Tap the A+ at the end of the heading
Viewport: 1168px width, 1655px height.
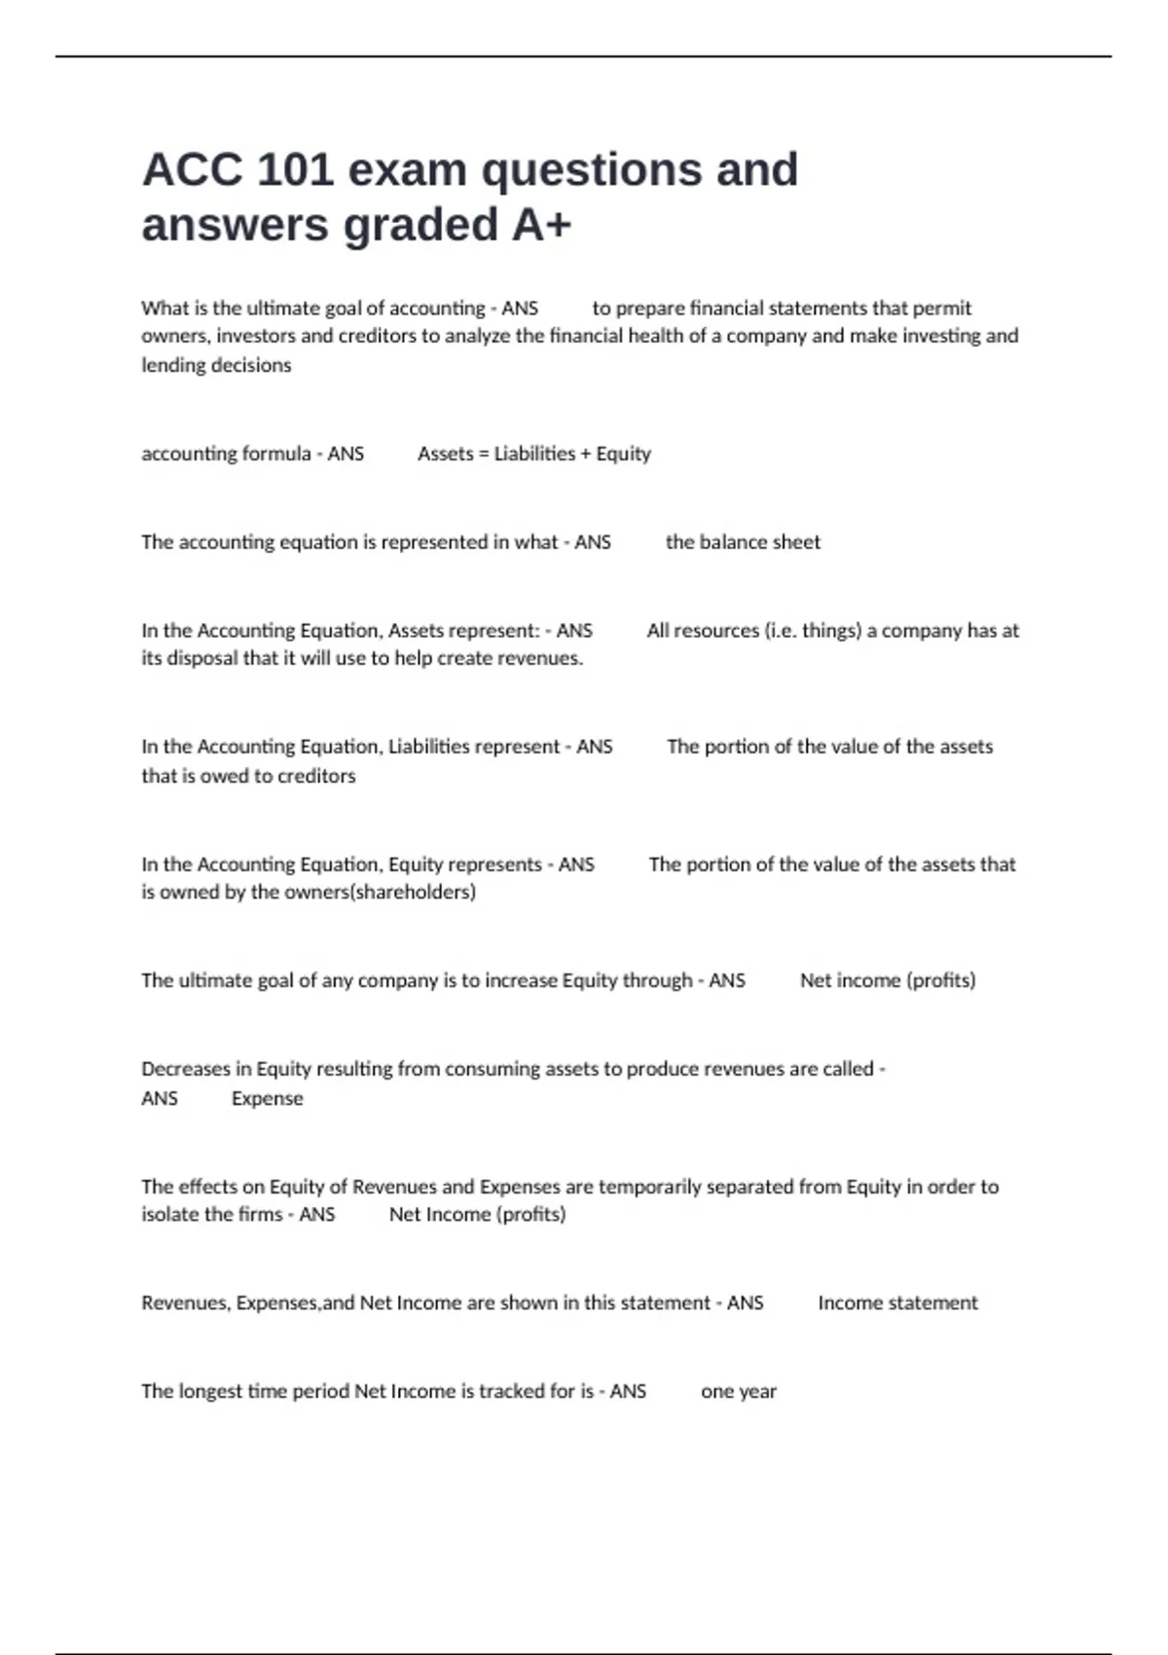coord(541,225)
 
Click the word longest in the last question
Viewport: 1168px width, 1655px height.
coord(208,1391)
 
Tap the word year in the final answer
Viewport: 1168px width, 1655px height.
coord(758,1392)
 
